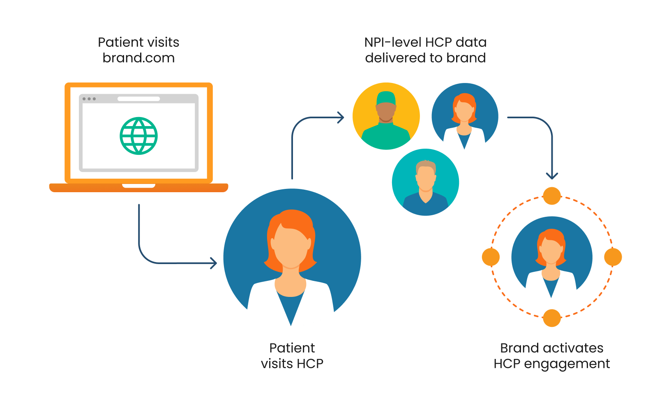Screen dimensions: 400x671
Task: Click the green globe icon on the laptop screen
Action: tap(139, 136)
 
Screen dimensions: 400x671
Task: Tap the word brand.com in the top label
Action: tap(138, 58)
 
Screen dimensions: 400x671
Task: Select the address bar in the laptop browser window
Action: tap(138, 99)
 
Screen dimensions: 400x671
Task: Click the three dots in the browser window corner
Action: tap(89, 99)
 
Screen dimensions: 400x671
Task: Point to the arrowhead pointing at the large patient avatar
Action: tap(214, 263)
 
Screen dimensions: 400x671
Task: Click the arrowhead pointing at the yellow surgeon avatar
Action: tap(341, 118)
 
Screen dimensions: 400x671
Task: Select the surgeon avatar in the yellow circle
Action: tap(386, 116)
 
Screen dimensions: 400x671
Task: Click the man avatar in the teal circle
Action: tap(426, 182)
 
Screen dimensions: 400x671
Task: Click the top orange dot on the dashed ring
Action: tap(552, 196)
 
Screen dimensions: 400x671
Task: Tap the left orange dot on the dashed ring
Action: tap(491, 257)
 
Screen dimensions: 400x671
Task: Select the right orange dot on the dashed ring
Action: tap(613, 257)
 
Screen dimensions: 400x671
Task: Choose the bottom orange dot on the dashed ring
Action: tap(552, 318)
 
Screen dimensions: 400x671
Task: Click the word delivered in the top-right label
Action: tap(395, 58)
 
